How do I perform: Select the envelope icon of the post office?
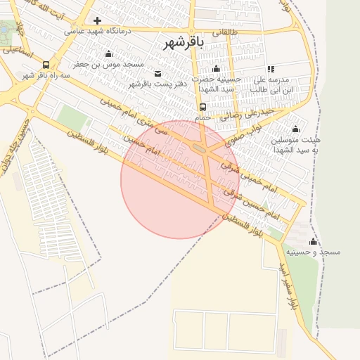tap(156, 74)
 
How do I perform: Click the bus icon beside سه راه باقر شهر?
tap(46, 64)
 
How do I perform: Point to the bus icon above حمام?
tap(202, 108)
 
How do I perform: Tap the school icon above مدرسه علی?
tap(271, 69)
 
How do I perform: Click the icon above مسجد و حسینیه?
tap(313, 241)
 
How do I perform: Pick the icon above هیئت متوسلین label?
tap(295, 129)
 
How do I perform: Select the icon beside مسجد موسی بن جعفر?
tap(108, 54)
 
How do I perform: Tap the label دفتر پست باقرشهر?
tap(150, 84)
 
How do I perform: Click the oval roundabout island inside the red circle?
tap(199, 148)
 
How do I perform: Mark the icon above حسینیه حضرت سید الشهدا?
tap(216, 68)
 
